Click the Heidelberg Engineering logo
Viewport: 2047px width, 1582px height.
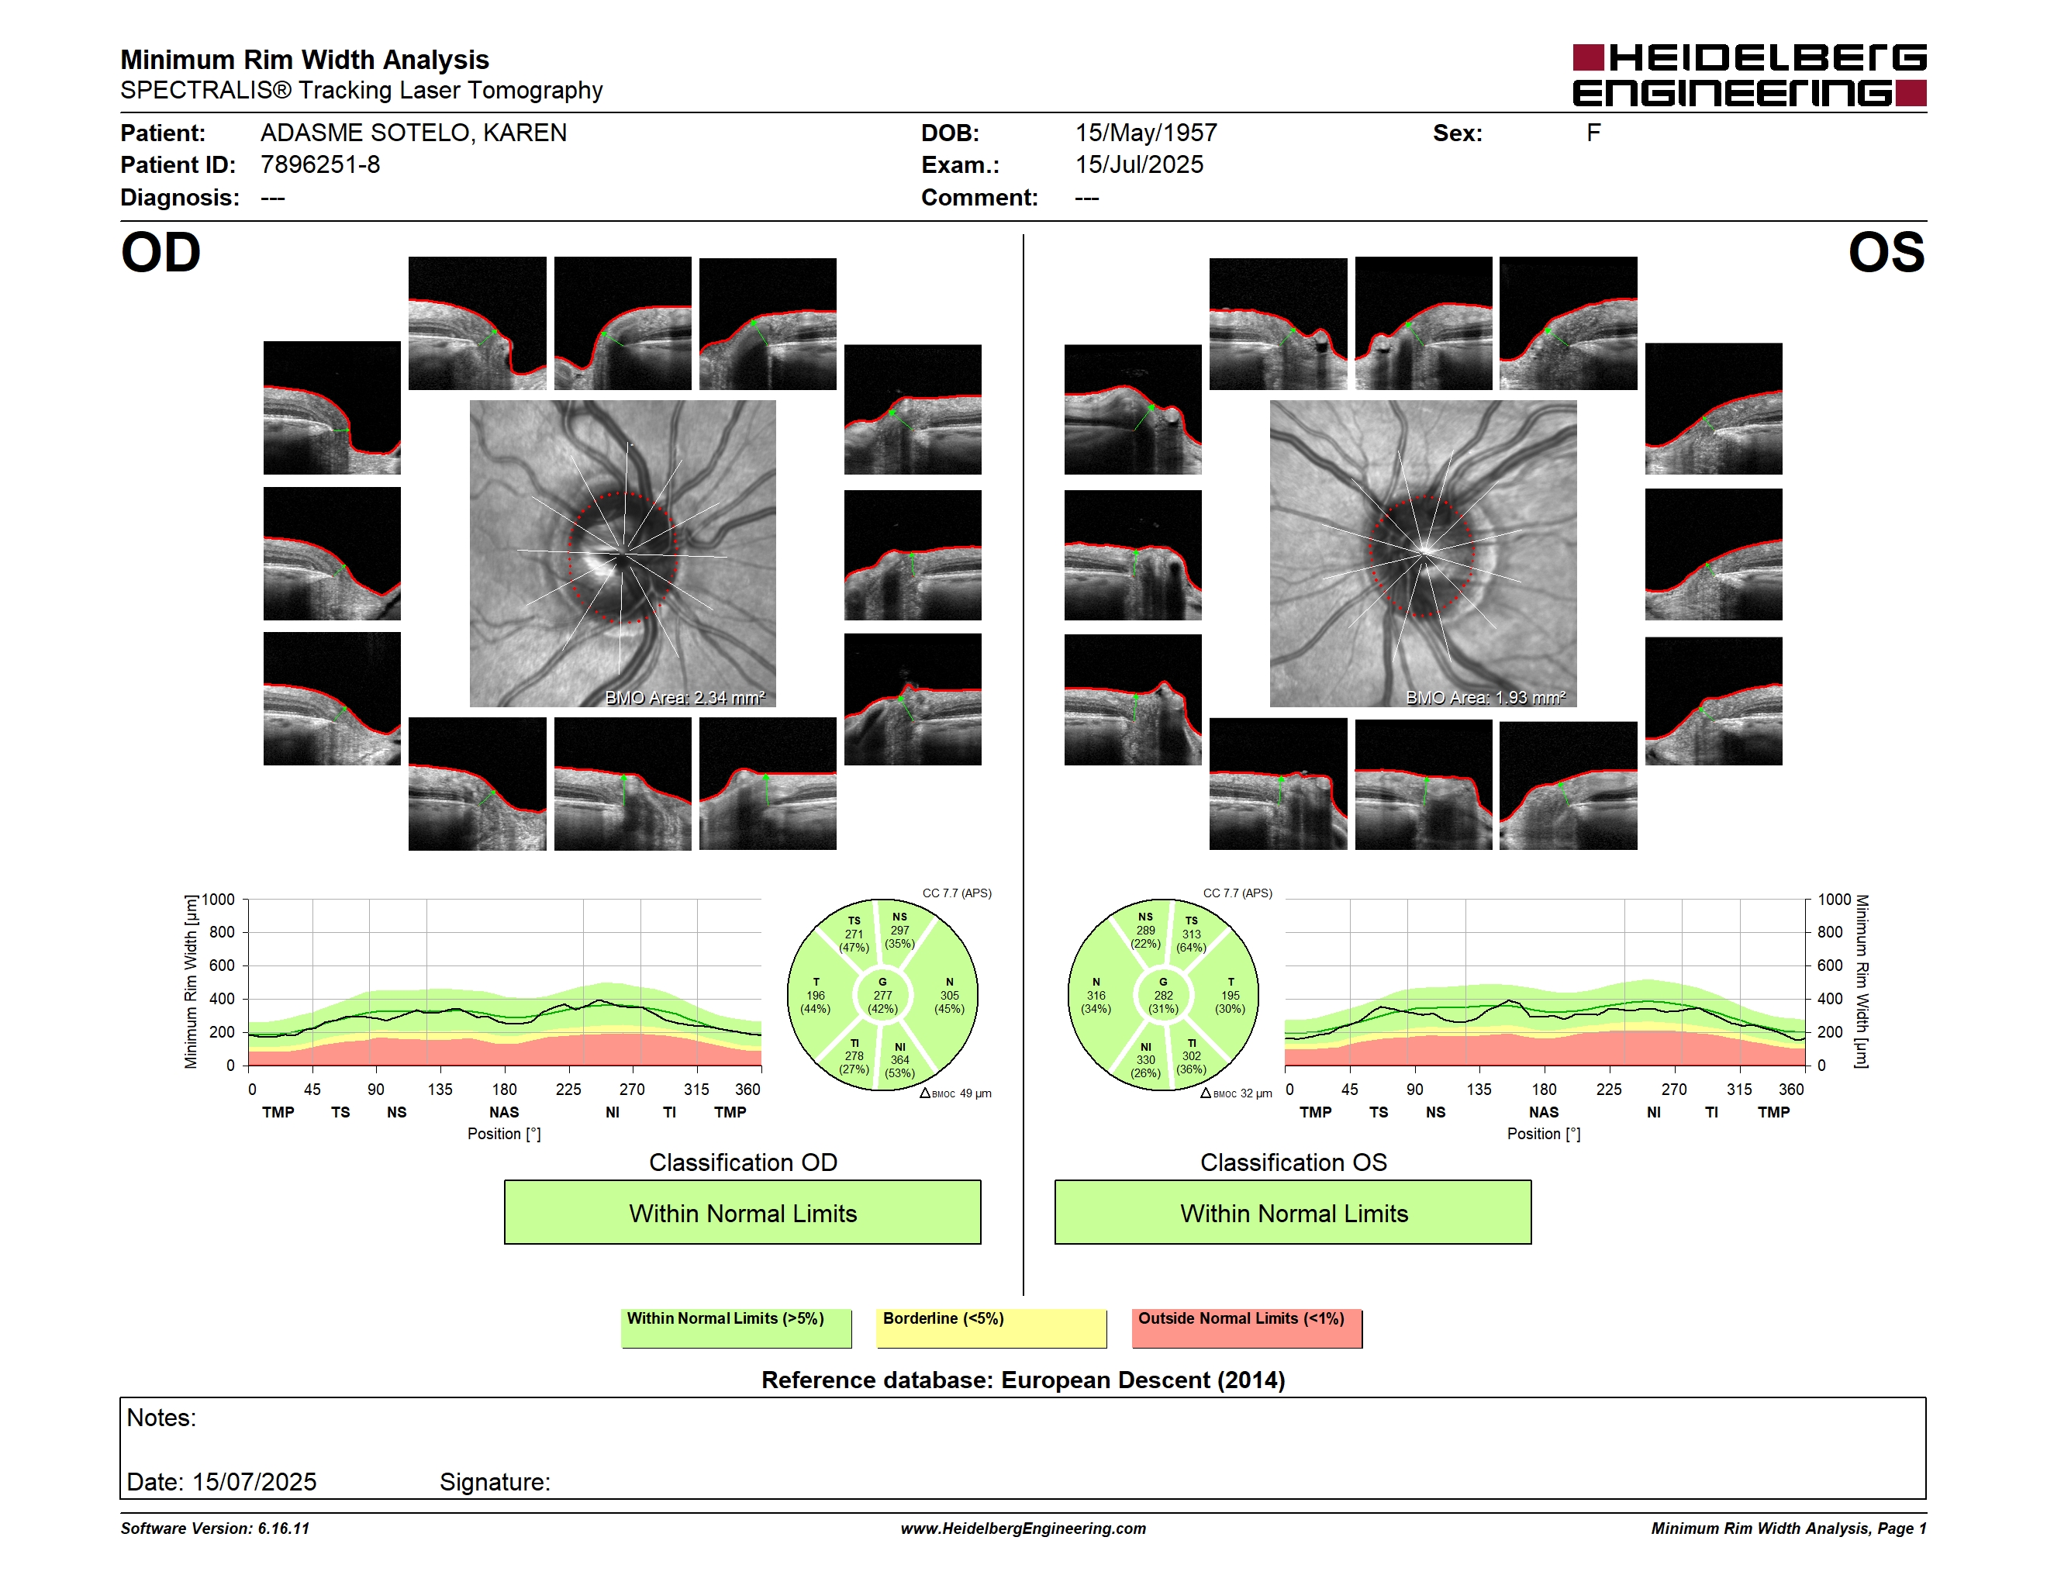coord(1749,75)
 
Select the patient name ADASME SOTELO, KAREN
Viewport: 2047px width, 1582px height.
coord(413,133)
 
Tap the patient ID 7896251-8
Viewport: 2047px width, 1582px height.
coord(320,165)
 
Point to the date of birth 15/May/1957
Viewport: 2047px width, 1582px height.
coord(1145,133)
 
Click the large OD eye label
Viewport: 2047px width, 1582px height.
coord(161,253)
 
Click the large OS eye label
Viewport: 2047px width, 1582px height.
coord(1886,253)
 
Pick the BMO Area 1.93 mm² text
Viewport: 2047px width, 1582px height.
coord(1485,697)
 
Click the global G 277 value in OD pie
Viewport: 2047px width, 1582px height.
coord(882,995)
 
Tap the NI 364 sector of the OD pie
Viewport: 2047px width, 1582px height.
coord(899,1060)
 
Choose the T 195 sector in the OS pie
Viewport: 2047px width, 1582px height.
coord(1230,995)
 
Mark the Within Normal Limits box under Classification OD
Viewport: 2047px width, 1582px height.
coord(742,1212)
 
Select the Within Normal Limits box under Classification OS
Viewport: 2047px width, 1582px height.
coord(1293,1212)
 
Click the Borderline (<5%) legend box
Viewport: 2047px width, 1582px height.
coord(991,1328)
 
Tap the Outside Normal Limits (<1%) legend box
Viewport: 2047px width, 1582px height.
coord(1247,1328)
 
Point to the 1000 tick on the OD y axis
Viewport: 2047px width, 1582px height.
coord(217,900)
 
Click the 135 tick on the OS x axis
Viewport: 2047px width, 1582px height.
coord(1479,1089)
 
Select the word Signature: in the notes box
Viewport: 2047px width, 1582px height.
coord(495,1482)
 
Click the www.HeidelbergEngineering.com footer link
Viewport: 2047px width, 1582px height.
coord(1023,1528)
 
